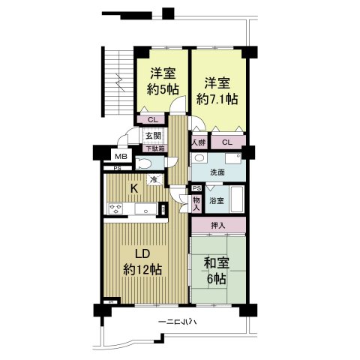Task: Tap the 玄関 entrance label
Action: coord(153,136)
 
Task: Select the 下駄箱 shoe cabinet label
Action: coord(153,148)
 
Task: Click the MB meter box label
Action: coord(119,155)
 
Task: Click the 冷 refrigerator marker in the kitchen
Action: coord(153,179)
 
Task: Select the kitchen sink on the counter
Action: coord(145,208)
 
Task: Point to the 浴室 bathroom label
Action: coord(217,200)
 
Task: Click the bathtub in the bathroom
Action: coord(237,199)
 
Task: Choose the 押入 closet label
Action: coord(217,226)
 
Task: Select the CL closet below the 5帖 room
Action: coord(152,119)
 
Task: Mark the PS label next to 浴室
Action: coord(196,188)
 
